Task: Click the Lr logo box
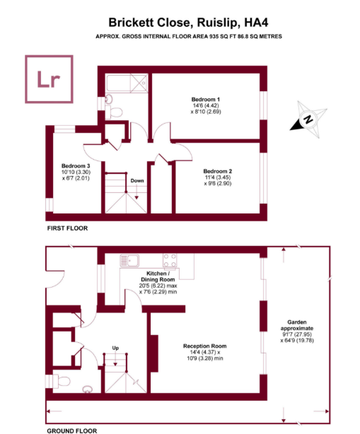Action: pos(50,79)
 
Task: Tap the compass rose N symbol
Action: pos(308,119)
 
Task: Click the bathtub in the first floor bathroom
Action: pos(127,83)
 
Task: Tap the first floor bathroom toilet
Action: pos(114,112)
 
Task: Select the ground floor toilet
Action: pos(61,381)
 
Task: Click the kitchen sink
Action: pos(129,261)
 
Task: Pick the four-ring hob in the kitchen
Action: pos(170,260)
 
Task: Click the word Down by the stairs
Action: pos(137,181)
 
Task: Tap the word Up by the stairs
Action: pos(115,348)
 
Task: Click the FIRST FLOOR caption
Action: pos(68,228)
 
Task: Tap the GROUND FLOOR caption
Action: pos(72,431)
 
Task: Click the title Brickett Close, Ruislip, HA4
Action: pos(188,23)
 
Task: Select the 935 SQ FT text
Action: pos(222,36)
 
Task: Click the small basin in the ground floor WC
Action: pos(88,389)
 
